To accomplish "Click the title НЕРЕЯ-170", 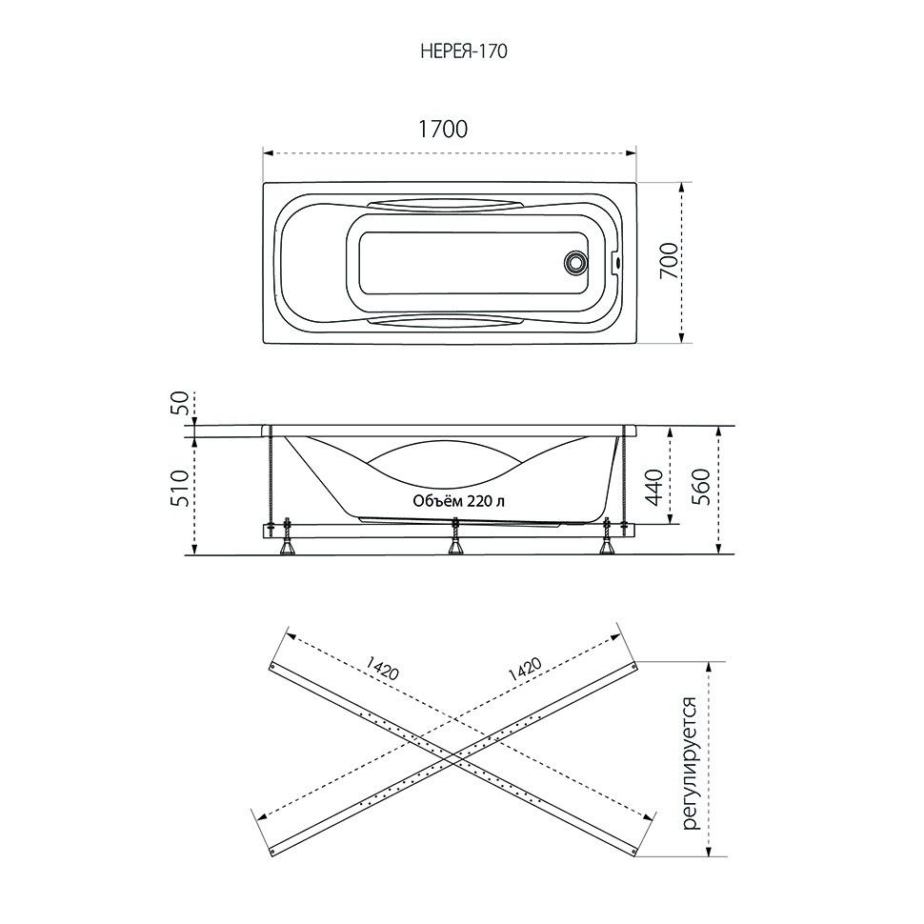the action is [x=464, y=51].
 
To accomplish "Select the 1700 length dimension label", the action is [x=443, y=129].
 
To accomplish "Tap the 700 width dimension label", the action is [x=669, y=261].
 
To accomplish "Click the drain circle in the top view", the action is [x=574, y=262].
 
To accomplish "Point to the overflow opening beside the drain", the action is [x=617, y=262].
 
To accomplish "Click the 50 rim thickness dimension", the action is [x=183, y=404].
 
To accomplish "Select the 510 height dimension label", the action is [x=183, y=488].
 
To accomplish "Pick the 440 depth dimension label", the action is [x=654, y=488].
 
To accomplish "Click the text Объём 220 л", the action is [x=458, y=501].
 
